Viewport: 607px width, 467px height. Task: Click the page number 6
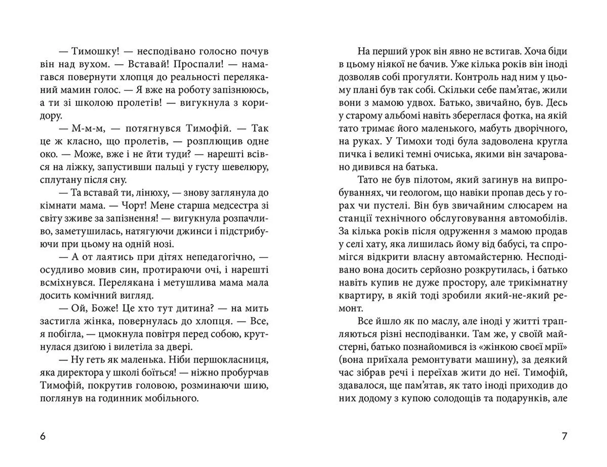[x=43, y=437]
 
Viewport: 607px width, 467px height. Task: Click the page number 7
[x=564, y=437]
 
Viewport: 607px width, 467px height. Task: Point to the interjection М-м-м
[x=83, y=129]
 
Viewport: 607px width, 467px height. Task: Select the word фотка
[x=518, y=116]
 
